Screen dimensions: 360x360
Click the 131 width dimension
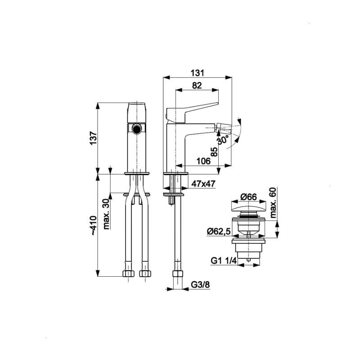[197, 73]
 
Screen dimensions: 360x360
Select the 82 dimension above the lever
[197, 85]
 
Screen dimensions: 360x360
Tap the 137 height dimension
[94, 138]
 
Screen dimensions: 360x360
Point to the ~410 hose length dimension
[94, 225]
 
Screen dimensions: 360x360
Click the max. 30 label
[106, 214]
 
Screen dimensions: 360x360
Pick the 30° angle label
[223, 139]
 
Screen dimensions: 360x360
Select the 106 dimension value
[203, 161]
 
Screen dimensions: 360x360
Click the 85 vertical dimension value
[214, 152]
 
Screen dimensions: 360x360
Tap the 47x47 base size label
[203, 184]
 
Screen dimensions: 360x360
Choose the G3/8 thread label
[200, 285]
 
